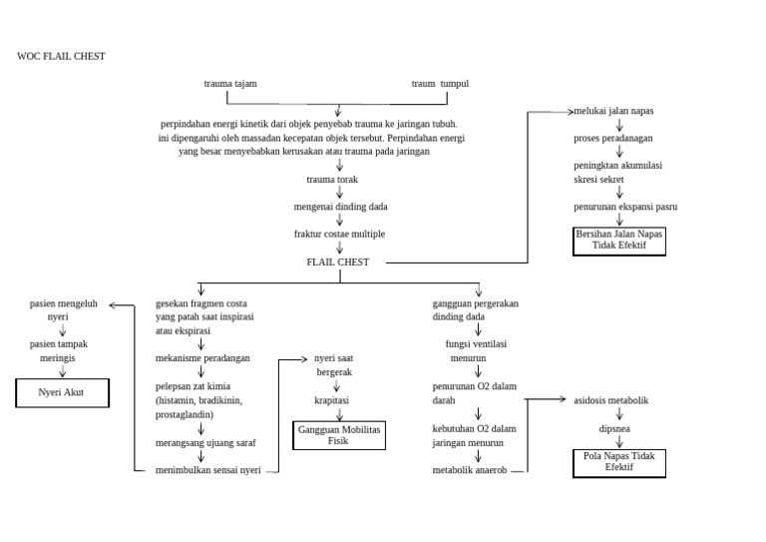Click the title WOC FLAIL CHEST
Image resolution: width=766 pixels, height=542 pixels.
[61, 56]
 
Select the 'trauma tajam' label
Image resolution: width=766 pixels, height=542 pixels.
[230, 84]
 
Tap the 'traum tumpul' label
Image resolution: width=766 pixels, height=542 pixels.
[440, 84]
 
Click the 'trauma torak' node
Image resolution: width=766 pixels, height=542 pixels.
[332, 180]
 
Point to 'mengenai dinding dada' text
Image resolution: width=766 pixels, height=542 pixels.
[340, 207]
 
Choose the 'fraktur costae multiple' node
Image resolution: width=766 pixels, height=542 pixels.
[339, 235]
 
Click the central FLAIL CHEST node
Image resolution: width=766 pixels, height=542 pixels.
[338, 262]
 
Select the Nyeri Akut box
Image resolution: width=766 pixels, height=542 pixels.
[63, 392]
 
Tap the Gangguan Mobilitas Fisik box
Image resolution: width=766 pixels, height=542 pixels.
[339, 435]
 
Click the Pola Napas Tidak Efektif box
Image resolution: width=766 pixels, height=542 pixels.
[619, 463]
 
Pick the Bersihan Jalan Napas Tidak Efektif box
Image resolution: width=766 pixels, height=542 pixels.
[619, 242]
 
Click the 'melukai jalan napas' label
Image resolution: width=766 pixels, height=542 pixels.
[613, 111]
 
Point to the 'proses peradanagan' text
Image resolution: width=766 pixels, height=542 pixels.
[613, 139]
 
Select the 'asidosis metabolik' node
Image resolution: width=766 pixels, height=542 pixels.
[611, 400]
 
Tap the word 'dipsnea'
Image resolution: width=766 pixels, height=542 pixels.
[614, 429]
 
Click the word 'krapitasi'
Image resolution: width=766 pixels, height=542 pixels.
[332, 400]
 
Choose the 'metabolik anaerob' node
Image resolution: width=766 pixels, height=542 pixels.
[470, 470]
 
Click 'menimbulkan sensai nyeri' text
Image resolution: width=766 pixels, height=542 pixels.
[208, 470]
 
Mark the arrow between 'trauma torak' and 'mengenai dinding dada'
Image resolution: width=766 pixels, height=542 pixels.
[339, 192]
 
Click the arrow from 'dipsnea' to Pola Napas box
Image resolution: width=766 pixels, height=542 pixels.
[619, 442]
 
